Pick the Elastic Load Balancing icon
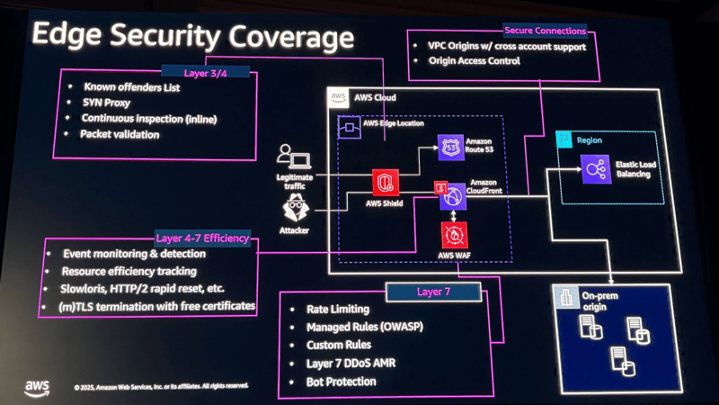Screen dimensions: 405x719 tap(593, 167)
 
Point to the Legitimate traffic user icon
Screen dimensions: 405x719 tap(293, 157)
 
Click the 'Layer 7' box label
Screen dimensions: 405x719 tap(434, 292)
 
